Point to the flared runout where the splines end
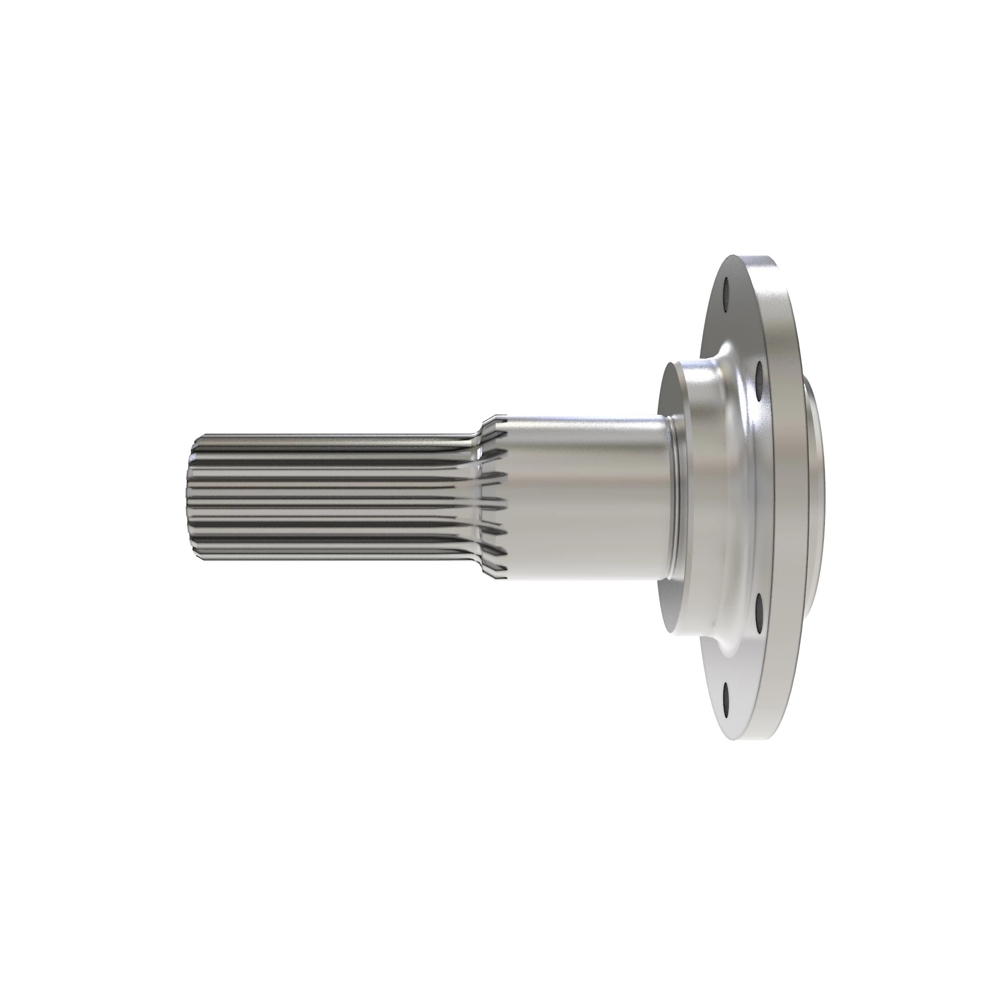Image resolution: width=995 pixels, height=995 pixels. (492, 495)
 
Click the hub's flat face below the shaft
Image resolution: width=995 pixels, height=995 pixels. (670, 608)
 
